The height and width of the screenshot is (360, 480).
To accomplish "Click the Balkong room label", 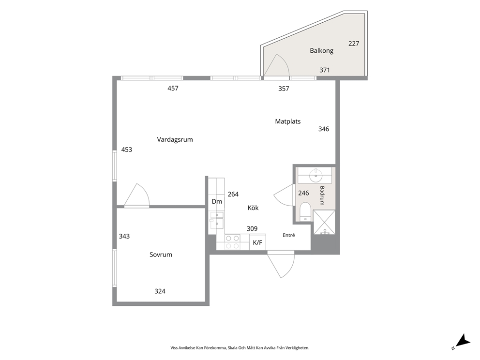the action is pos(321,51).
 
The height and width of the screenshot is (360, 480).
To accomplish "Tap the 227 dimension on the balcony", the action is pos(354,44).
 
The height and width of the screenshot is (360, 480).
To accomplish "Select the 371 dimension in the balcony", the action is pos(325,70).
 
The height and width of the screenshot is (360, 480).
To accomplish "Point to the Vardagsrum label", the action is pos(175,139).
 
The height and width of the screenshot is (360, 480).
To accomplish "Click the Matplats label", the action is pos(288,121).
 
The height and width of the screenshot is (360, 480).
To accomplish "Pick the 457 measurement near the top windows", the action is pos(173,89).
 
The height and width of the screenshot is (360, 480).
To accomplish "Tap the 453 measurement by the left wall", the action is pos(127,150).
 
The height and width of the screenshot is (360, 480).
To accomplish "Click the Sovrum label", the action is pos(161,255).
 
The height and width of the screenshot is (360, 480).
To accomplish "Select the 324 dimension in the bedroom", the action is pos(160,291).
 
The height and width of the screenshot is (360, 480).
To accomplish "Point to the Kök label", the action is pos(253,208).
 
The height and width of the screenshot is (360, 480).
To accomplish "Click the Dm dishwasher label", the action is pos(217,201).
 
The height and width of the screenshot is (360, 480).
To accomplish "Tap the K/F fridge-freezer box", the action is pos(257,242).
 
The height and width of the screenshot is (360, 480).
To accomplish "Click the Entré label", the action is pos(289,235).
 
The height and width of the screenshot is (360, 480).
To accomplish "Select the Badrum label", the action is pos(322,195).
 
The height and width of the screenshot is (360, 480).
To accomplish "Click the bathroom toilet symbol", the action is pos(305,212).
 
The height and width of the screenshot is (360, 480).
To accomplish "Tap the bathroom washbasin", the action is pos(315,176).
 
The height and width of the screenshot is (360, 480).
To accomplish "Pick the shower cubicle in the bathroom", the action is pos(324,223).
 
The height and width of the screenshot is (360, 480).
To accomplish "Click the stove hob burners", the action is pos(233,242).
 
